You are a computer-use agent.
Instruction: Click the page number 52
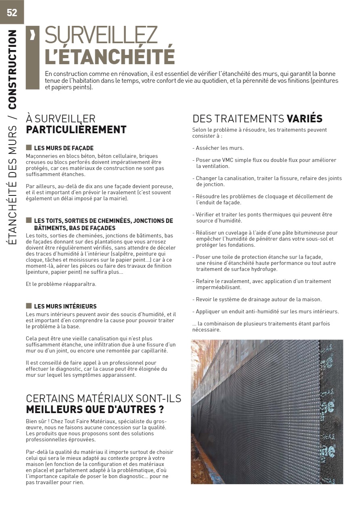pyautogui.click(x=12, y=13)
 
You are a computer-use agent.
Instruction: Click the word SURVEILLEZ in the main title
pyautogui.click(x=101, y=35)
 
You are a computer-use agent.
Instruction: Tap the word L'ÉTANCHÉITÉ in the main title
pyautogui.click(x=109, y=57)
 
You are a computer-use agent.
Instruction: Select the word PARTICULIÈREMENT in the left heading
pyautogui.click(x=76, y=130)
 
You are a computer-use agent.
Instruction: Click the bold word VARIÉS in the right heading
pyautogui.click(x=304, y=119)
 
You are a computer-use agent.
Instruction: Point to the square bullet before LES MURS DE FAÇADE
pyautogui.click(x=29, y=148)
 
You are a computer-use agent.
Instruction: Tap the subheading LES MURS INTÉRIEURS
pyautogui.click(x=65, y=306)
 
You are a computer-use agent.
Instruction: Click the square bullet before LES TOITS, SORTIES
pyautogui.click(x=29, y=220)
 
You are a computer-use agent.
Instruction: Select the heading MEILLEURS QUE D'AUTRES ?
pyautogui.click(x=95, y=409)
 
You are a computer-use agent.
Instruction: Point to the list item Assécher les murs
pyautogui.click(x=220, y=148)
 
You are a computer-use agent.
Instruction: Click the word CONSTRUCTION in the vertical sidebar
pyautogui.click(x=13, y=69)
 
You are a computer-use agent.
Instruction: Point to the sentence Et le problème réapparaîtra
pyautogui.click(x=61, y=284)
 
